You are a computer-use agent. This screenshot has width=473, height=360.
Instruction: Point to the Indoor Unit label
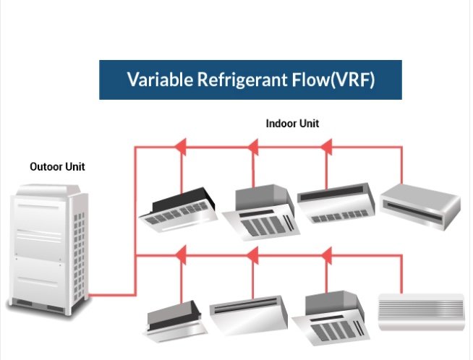point(292,124)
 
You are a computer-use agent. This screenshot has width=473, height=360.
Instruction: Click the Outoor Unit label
point(57,167)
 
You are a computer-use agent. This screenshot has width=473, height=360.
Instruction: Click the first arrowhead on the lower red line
point(182,254)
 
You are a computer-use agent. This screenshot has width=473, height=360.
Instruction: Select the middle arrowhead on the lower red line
point(253,254)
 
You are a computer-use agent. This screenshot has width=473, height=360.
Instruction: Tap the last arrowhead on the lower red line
point(326,254)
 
